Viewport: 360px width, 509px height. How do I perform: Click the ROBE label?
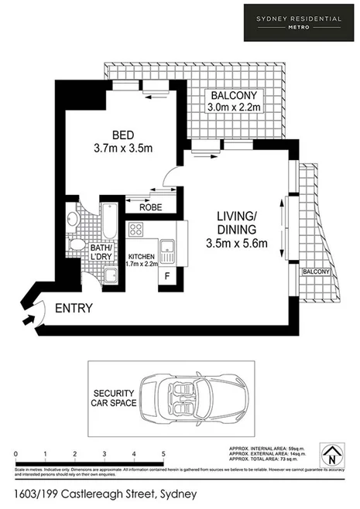click(x=151, y=207)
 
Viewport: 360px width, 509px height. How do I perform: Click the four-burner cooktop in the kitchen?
click(x=135, y=229)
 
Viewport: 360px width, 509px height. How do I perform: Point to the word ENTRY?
click(x=74, y=308)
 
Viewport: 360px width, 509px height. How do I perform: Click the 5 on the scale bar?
click(x=163, y=454)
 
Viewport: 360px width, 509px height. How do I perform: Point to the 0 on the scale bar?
click(x=16, y=454)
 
